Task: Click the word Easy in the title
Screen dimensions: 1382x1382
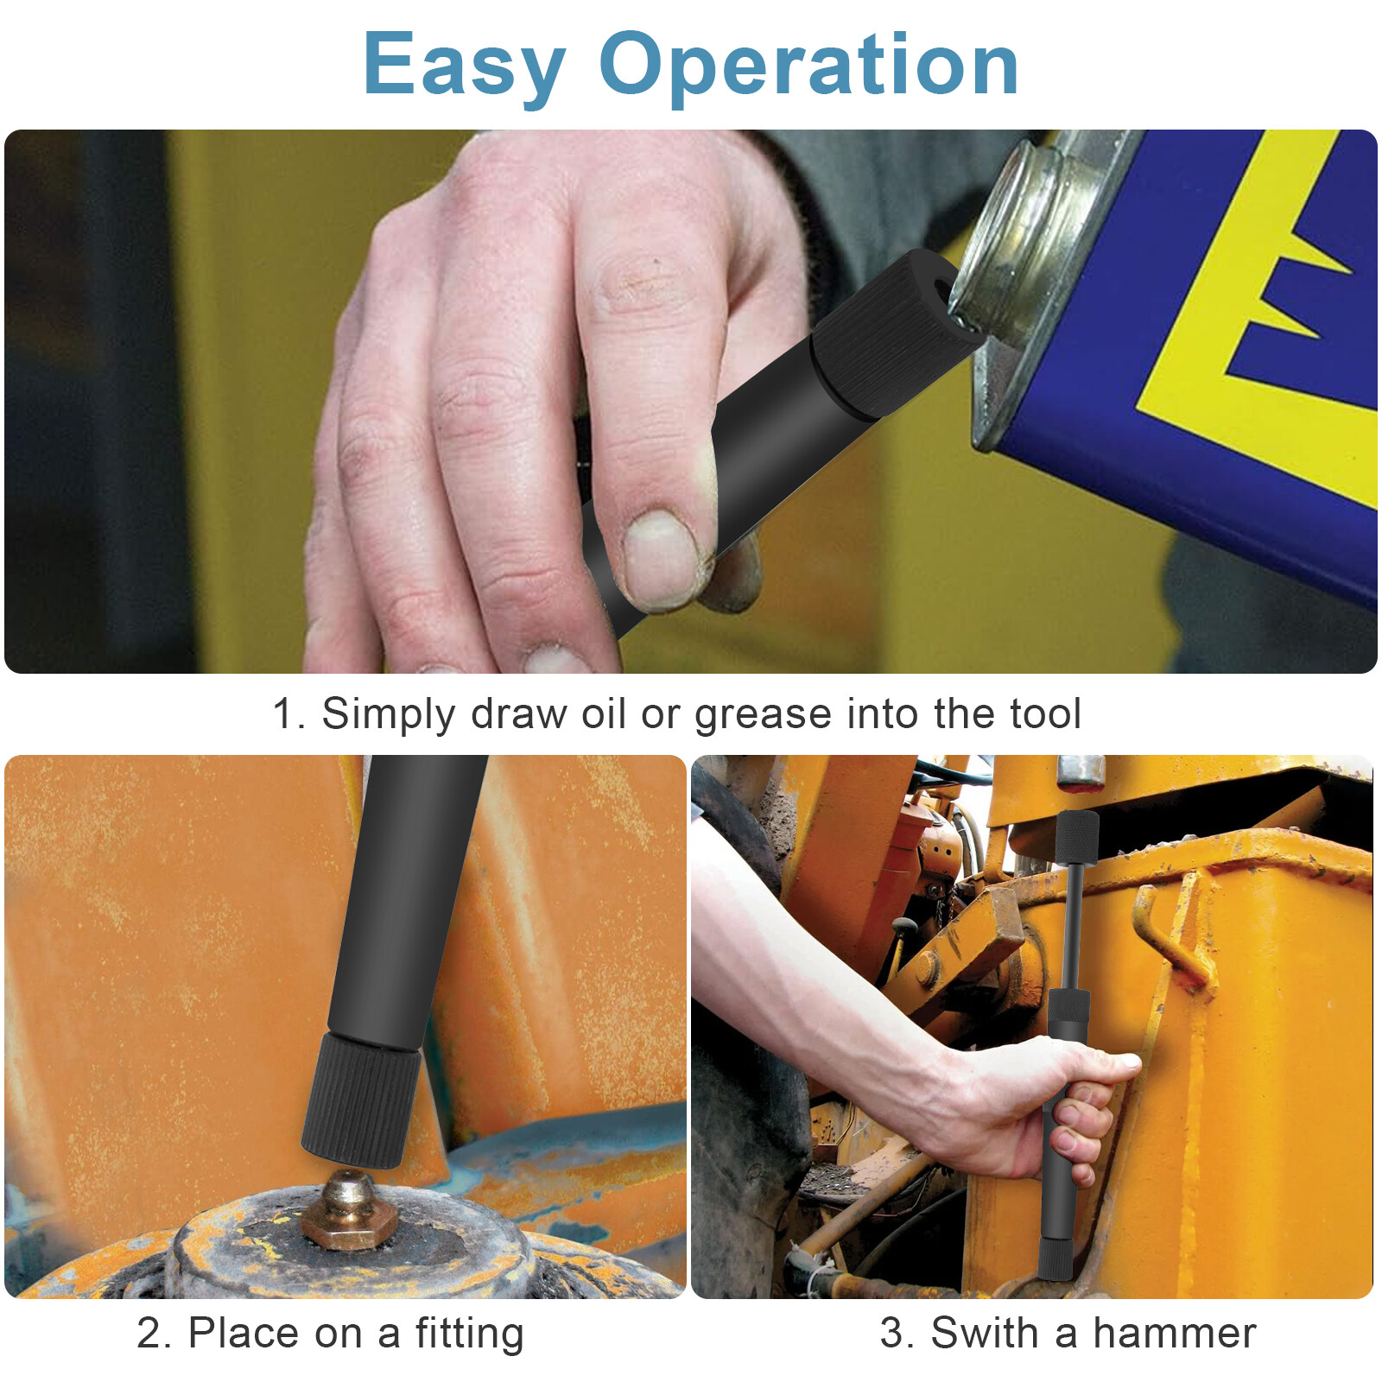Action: click(464, 65)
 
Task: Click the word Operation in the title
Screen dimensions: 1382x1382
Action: click(808, 65)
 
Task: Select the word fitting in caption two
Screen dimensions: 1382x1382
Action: click(469, 1333)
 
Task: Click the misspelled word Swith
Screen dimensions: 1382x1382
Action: click(985, 1333)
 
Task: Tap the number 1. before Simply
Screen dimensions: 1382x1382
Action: click(288, 714)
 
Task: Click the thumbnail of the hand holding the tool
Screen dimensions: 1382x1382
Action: click(661, 557)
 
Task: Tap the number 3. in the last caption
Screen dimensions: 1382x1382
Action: click(897, 1333)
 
